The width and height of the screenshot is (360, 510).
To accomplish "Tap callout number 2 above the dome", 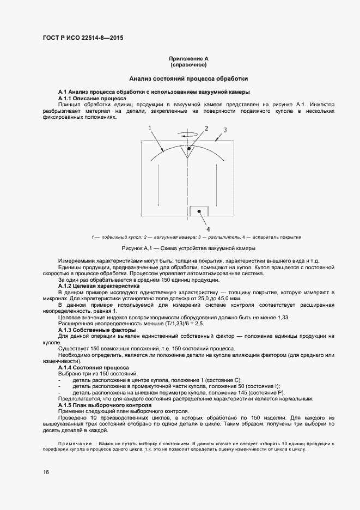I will [x=206, y=129].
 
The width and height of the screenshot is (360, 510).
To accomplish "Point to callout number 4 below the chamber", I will [x=208, y=229].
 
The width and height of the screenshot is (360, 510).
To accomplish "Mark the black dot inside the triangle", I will [x=189, y=148].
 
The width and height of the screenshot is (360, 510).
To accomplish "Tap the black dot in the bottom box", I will [x=199, y=210].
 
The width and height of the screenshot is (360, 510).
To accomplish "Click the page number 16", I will [x=46, y=472].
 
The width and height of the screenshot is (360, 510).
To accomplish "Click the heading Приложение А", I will [x=189, y=58].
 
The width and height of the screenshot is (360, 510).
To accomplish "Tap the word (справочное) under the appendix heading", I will [x=189, y=65].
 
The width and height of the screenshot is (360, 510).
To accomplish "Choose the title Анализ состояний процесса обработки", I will [x=188, y=78].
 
